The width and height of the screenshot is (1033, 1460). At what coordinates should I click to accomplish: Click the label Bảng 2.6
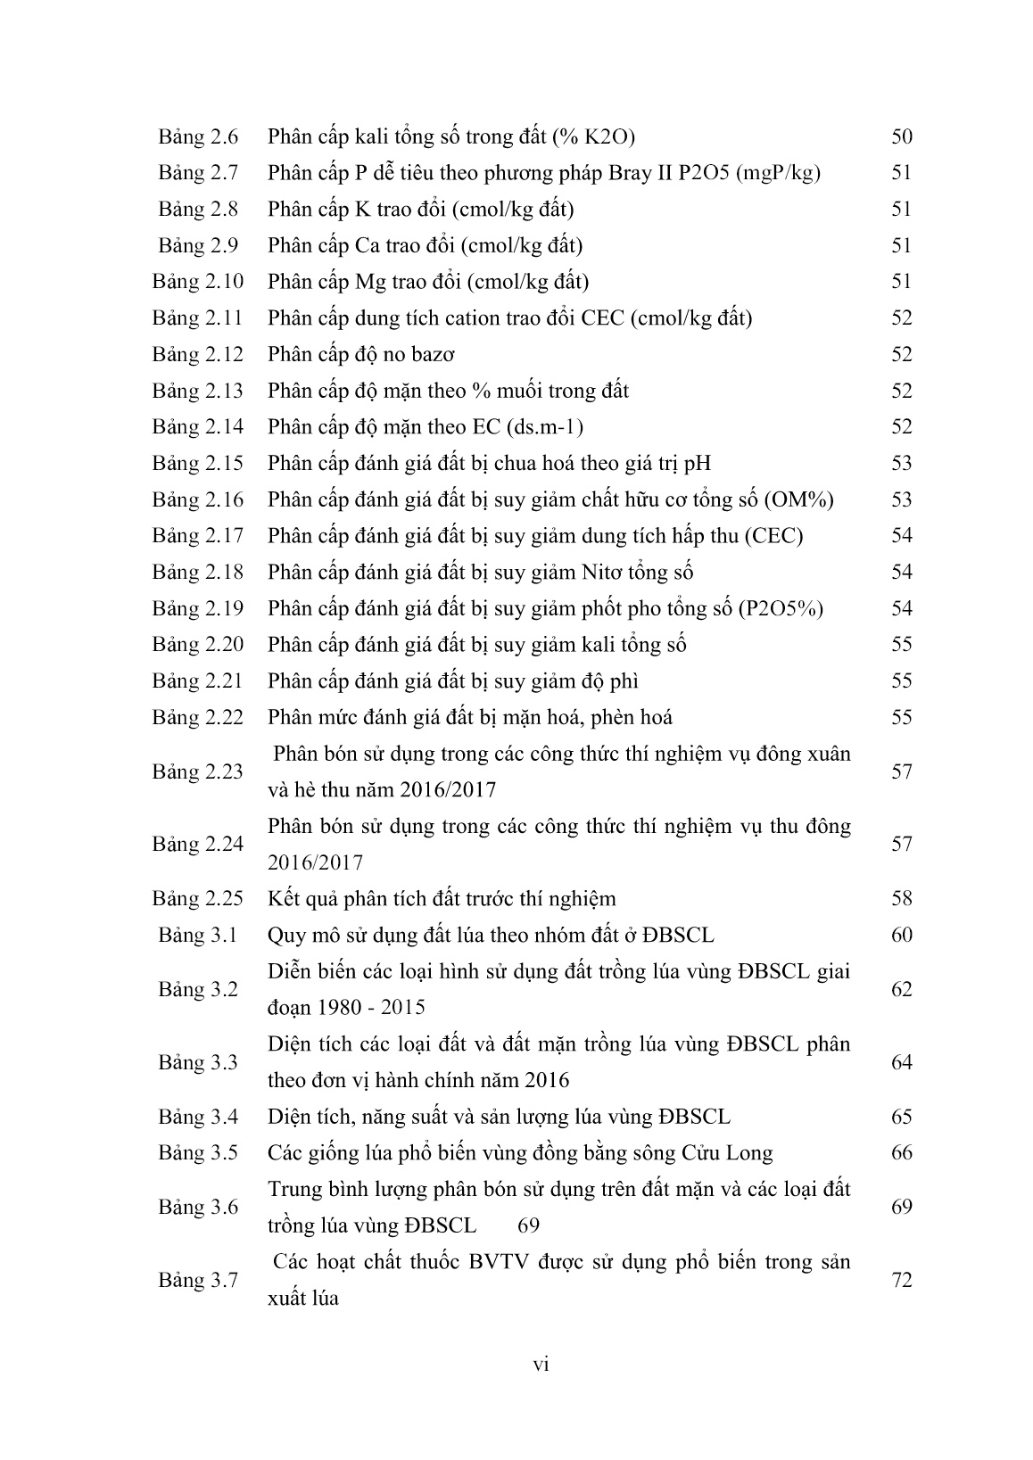(x=198, y=136)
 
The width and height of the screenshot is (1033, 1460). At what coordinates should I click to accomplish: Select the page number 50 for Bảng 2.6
(x=901, y=136)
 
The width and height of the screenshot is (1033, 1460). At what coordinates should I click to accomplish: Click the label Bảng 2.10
(x=197, y=282)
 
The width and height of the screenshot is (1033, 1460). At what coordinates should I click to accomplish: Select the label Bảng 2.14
(x=197, y=427)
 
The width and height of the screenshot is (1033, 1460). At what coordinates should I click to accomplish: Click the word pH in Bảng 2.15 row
(x=698, y=464)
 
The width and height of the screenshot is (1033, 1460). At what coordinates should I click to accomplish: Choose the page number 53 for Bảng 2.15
(x=901, y=464)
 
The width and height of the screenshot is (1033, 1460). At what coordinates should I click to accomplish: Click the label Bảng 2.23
(x=197, y=771)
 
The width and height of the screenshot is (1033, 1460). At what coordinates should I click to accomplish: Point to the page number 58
(x=901, y=899)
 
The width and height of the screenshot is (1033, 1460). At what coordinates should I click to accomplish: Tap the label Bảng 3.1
(x=198, y=936)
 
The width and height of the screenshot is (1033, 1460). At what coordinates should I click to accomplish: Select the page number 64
(x=901, y=1062)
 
